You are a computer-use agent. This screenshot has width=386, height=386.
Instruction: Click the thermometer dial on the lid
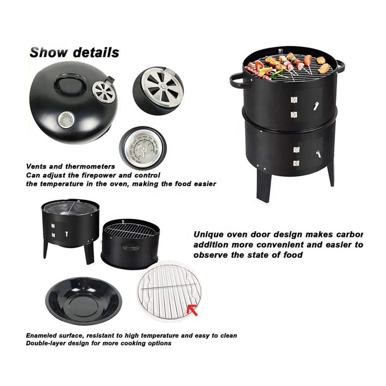tap(66, 119)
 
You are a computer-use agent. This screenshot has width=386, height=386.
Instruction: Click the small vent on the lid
tap(103, 90)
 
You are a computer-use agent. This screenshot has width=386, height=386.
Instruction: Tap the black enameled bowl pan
tap(84, 301)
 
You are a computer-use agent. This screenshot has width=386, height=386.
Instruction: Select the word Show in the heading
tap(49, 53)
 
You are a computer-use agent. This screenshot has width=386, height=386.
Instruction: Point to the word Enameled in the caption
tap(44, 336)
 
